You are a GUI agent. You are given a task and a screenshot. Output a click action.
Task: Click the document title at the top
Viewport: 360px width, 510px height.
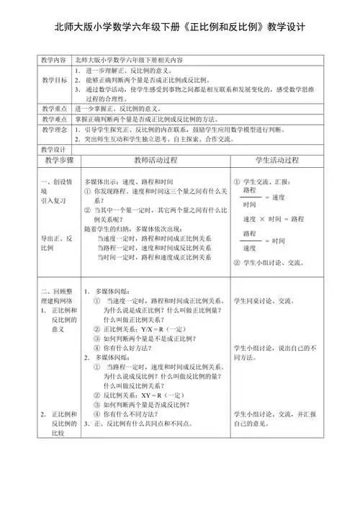click(x=180, y=27)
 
